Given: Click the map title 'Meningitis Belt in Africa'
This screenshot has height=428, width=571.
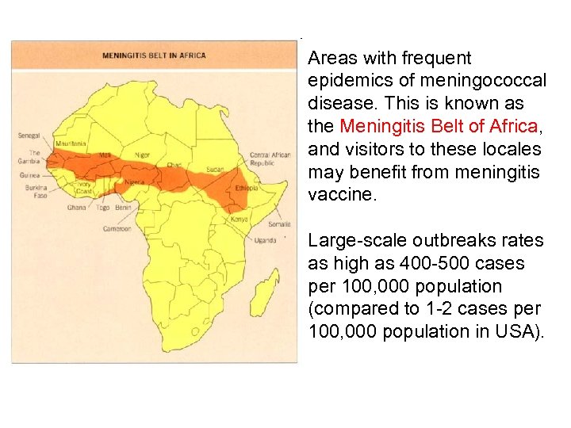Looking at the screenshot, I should (x=154, y=55).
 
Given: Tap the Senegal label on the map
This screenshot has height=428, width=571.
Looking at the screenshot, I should (x=29, y=136).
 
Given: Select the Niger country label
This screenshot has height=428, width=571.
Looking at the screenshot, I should (x=142, y=155).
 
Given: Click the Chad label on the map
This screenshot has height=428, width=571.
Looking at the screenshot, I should (x=174, y=164).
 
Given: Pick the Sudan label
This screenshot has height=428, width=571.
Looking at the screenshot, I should (x=215, y=169).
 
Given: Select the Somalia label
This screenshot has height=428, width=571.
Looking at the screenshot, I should (x=279, y=224).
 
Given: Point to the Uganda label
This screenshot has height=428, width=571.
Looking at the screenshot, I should (x=265, y=239).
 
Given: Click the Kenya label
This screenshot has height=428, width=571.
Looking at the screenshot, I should (x=239, y=219).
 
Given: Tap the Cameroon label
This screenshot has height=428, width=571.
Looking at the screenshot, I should (x=117, y=228).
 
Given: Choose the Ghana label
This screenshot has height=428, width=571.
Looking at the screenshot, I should (x=76, y=207).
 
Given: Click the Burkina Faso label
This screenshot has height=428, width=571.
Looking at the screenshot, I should (x=35, y=191).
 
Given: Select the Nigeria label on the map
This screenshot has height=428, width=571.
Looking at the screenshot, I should (x=135, y=182).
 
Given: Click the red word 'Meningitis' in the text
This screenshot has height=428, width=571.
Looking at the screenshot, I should (x=377, y=125).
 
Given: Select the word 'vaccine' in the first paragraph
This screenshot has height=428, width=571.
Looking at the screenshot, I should (x=336, y=194).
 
